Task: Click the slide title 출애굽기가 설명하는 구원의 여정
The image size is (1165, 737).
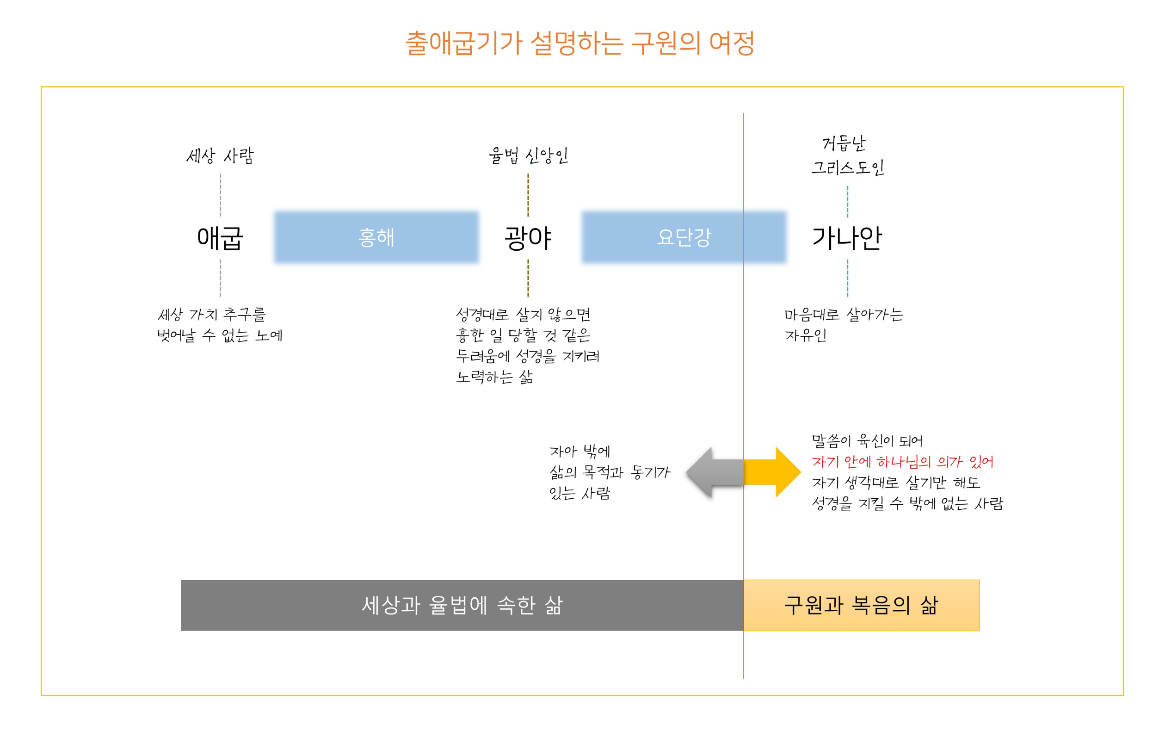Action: (x=579, y=43)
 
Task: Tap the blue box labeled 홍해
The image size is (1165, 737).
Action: (x=376, y=237)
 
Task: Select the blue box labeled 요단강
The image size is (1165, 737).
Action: (x=683, y=237)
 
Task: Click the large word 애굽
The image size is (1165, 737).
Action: (x=220, y=238)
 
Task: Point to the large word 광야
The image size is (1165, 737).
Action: (x=528, y=238)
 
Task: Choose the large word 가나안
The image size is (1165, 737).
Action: (x=847, y=238)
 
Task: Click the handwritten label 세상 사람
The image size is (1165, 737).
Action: (x=220, y=156)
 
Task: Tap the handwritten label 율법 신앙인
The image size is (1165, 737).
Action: (x=528, y=156)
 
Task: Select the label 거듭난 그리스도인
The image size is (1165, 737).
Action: (x=847, y=156)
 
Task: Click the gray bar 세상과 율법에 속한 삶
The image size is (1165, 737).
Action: (x=462, y=605)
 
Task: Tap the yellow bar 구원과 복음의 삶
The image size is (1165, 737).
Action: (x=861, y=605)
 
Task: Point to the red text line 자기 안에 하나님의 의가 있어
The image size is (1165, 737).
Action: (x=902, y=462)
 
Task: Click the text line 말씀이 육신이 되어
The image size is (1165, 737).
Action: (x=867, y=441)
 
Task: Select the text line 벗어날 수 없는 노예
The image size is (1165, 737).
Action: (x=220, y=335)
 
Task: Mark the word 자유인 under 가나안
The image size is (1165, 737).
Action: (x=806, y=335)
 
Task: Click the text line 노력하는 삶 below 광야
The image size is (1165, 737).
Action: (x=494, y=377)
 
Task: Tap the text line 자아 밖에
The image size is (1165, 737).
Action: (x=579, y=452)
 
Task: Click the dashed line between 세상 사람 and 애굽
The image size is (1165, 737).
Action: (x=221, y=195)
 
